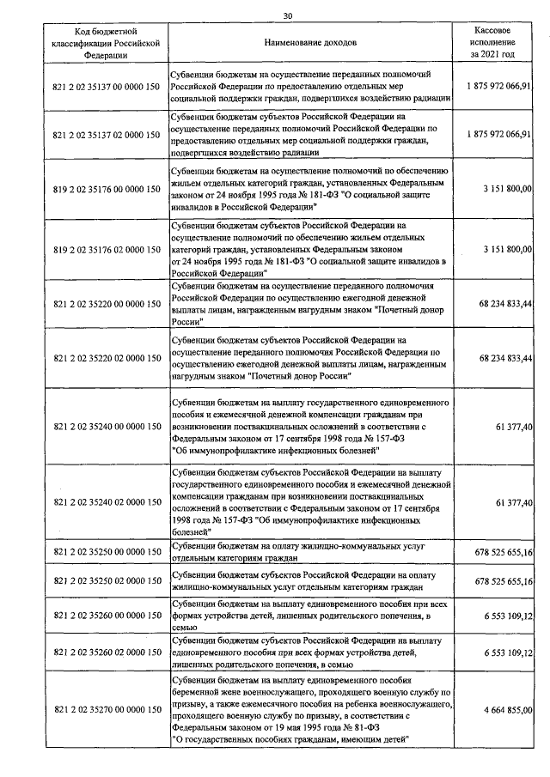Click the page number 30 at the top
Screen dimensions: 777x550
[287, 15]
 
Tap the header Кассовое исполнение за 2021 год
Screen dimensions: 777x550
[493, 41]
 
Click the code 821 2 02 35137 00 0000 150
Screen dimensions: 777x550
[106, 87]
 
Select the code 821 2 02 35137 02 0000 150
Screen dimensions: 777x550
[106, 135]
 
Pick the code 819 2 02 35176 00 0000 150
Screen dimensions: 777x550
[106, 189]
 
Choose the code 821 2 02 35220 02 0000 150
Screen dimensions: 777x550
[106, 357]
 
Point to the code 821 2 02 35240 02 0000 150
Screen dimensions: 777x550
[106, 501]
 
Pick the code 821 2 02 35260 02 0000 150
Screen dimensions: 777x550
[106, 653]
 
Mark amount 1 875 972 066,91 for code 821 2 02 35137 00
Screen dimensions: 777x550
[494, 87]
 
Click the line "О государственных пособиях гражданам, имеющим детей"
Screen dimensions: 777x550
[290, 738]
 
